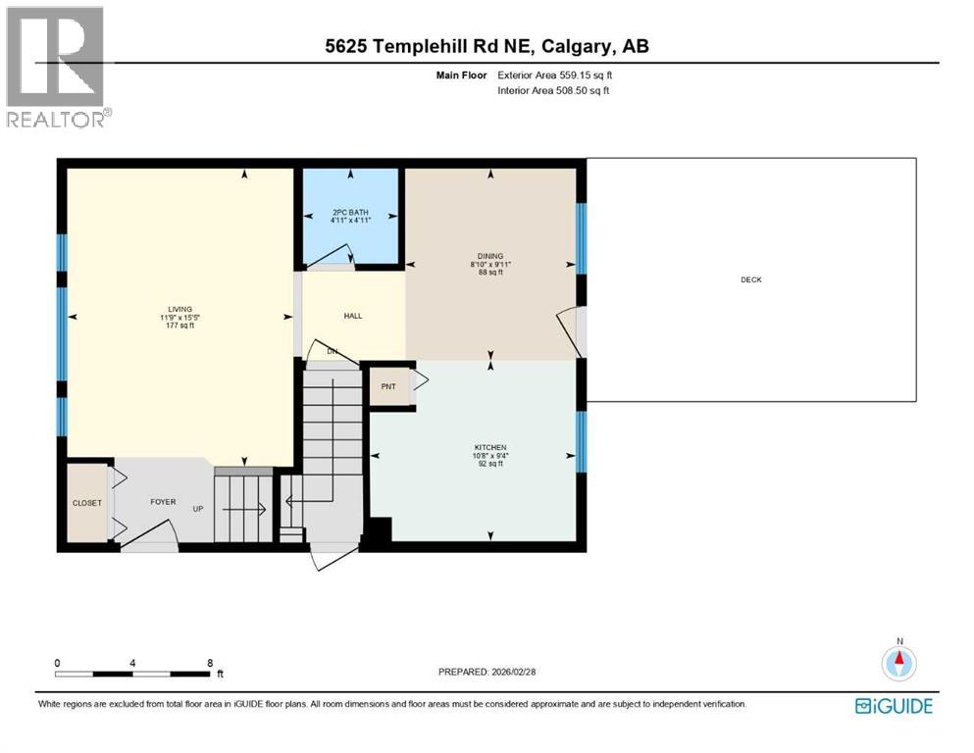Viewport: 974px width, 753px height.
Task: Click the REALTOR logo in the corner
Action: point(57,66)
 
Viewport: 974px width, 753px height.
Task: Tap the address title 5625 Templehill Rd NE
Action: point(487,46)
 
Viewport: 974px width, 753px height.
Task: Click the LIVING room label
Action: point(179,309)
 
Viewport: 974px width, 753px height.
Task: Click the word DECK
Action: point(751,280)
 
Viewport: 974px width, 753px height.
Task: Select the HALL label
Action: point(353,317)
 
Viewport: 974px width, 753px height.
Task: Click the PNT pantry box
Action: point(388,386)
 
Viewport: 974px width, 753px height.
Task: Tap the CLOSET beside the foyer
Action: point(86,503)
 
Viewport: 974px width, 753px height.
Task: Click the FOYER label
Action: point(163,502)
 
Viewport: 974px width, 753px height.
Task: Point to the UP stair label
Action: point(197,510)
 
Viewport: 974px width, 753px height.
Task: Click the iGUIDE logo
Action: point(894,706)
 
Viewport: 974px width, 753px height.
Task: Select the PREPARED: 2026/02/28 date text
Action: point(487,672)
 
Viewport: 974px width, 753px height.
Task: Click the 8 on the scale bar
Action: point(210,663)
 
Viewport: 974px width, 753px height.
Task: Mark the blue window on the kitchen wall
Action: point(581,440)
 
